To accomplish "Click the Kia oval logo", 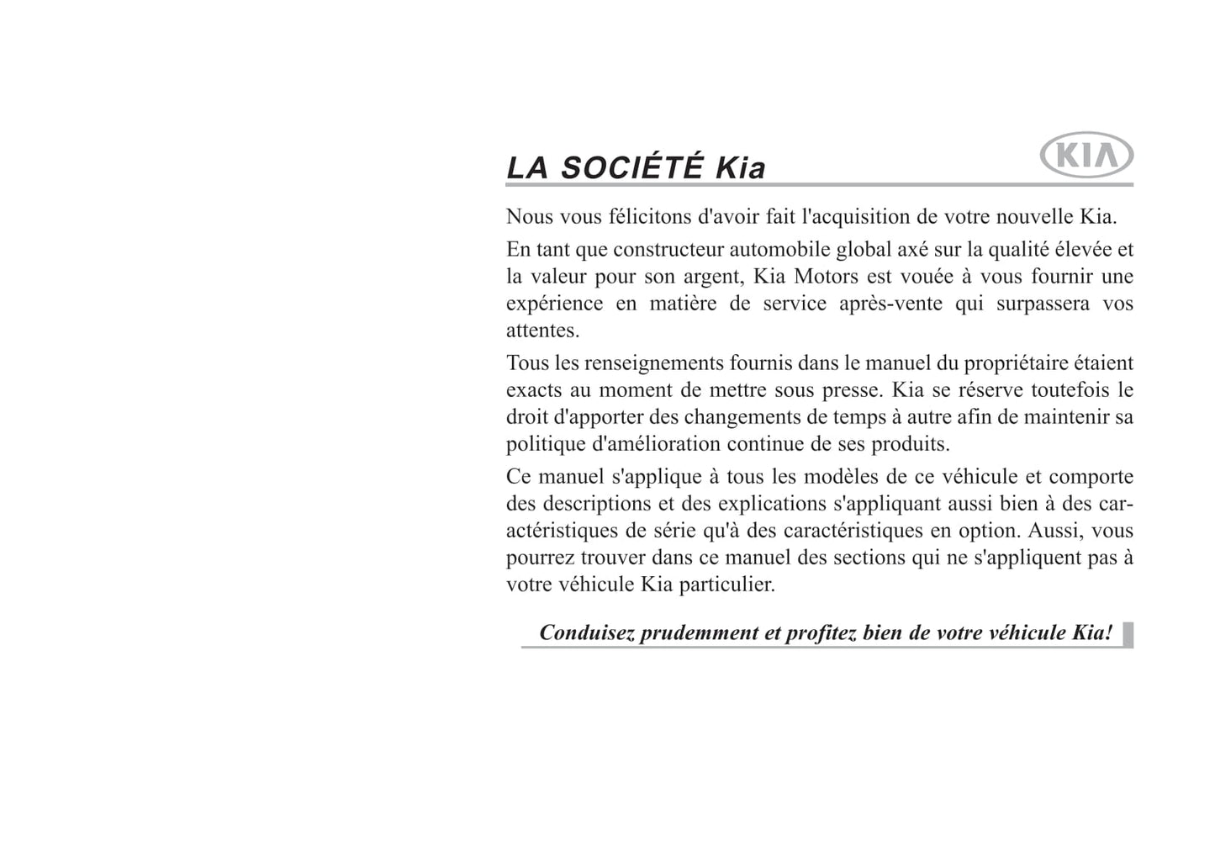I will click(1086, 156).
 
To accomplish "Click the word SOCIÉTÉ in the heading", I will click(631, 167).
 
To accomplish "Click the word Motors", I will click(827, 277).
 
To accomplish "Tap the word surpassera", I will click(1043, 304).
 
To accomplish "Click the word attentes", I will click(542, 331).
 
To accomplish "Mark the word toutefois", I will click(1061, 390).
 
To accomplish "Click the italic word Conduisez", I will click(586, 632).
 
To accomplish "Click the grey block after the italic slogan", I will click(1128, 634).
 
